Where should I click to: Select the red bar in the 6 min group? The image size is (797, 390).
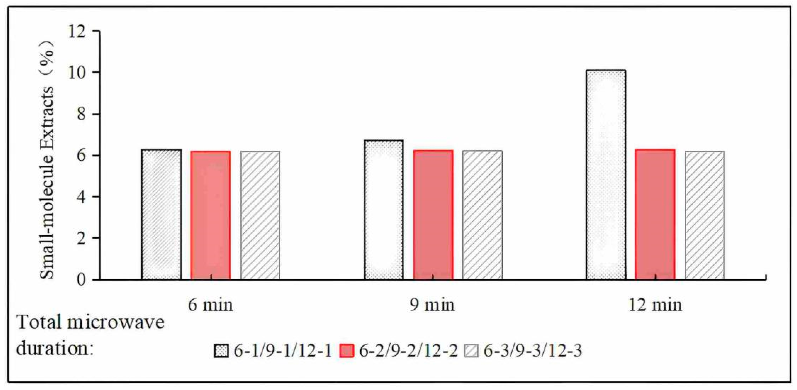point(210,216)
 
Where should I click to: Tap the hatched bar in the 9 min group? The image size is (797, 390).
point(482,215)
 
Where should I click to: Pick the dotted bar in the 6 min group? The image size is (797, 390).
point(161,214)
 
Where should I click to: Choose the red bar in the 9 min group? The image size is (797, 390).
point(433,215)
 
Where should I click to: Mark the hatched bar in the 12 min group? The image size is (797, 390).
point(705,216)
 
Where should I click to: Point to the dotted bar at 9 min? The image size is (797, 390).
point(384,210)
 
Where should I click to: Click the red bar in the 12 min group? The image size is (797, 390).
point(655,214)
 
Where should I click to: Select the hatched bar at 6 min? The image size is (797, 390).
point(260,216)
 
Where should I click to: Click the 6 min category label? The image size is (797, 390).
point(210,305)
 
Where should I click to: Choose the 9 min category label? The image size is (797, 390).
point(432,305)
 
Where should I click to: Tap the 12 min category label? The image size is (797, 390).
point(655,305)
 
